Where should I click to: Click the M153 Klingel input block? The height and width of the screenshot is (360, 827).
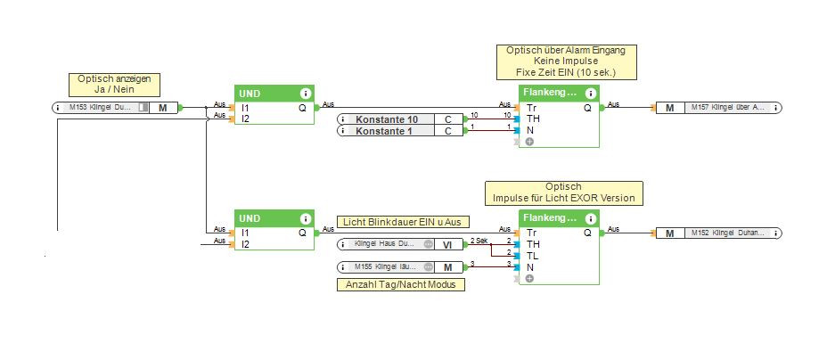pos(116,108)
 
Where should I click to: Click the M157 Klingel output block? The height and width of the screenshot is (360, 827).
pos(718,108)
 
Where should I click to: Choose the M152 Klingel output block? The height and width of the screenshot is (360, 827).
pos(718,233)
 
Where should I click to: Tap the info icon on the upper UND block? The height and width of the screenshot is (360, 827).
pos(306,92)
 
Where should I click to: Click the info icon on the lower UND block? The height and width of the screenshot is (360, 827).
pos(306,217)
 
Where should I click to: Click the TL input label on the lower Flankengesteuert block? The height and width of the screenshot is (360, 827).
pos(533,255)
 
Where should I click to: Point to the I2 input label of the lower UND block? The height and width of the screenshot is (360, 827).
pos(245,243)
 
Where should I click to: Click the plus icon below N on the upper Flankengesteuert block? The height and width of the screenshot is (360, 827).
pos(529,141)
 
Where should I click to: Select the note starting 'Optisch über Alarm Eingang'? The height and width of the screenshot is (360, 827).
pos(561,61)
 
